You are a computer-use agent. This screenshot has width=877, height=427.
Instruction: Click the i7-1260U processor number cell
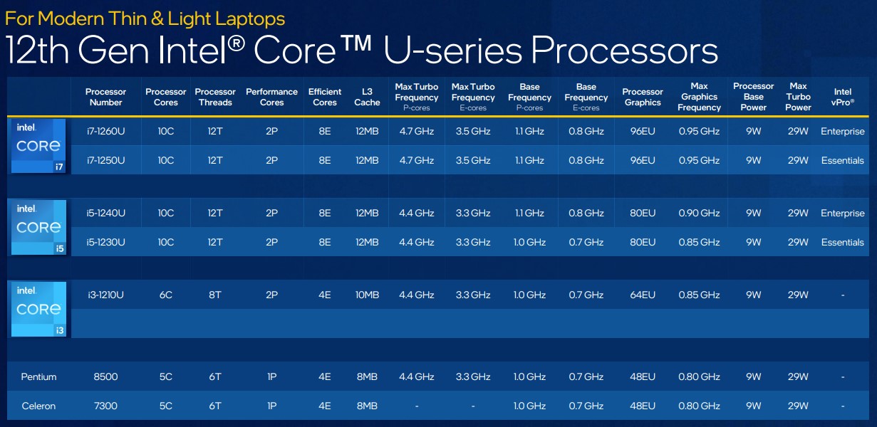105,132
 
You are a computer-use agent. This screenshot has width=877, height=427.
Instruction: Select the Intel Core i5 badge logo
38,227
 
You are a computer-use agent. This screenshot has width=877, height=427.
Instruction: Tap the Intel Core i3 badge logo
38,309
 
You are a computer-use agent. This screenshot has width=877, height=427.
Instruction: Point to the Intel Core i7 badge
38,145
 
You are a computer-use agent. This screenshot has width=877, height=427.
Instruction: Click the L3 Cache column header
367,97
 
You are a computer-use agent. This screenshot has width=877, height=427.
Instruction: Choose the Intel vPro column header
843,97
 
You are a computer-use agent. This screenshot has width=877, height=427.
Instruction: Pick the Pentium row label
38,376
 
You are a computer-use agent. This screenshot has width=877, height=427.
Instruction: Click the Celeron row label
38,406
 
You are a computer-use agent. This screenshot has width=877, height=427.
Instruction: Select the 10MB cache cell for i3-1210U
367,295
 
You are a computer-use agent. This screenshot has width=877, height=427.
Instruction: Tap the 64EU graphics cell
643,295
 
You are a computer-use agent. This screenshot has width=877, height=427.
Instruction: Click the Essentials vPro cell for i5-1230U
843,243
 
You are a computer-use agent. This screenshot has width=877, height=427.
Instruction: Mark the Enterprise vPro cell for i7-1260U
843,132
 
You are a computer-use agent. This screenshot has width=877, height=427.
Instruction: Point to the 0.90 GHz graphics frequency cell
700,213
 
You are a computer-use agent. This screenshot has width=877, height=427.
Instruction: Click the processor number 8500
105,376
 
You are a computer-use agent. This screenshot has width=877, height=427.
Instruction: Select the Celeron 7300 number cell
105,406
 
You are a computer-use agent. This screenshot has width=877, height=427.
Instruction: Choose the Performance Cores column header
271,97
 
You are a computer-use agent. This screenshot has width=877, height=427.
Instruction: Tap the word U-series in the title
452,50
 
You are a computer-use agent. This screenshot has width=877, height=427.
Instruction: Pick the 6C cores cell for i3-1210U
165,295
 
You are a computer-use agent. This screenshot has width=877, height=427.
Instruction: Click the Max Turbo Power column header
798,97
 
